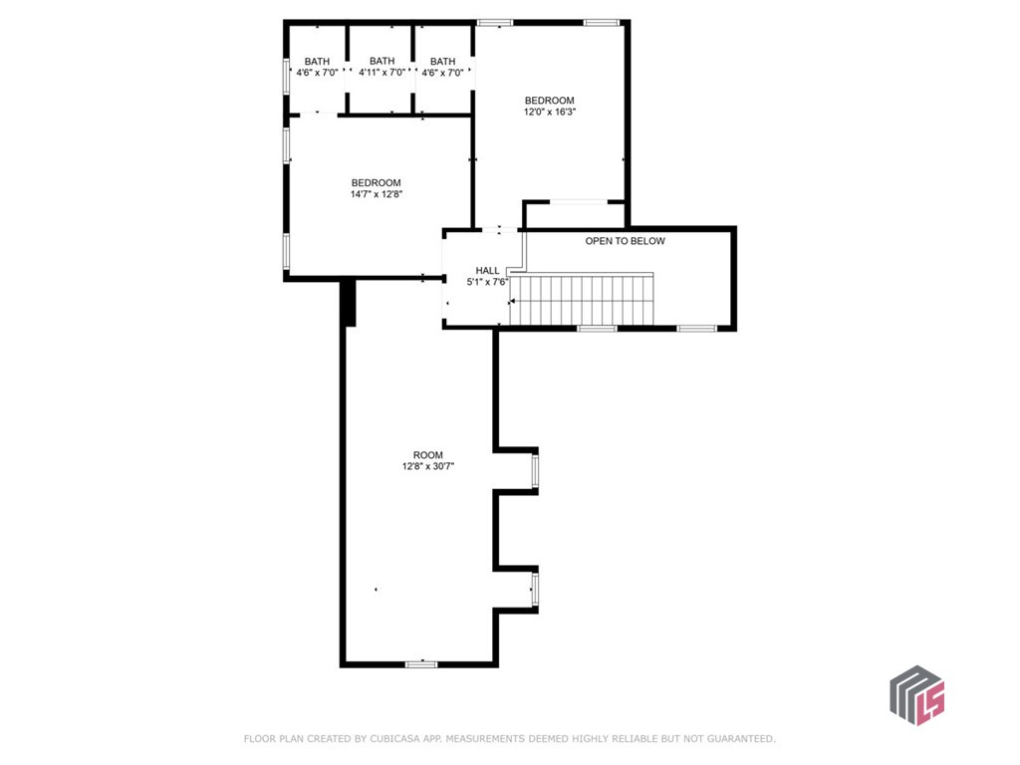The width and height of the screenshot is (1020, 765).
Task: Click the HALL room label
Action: coord(487,270)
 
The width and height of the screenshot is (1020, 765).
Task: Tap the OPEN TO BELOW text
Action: coord(625,241)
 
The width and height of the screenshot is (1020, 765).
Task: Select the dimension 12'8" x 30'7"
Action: coord(428,466)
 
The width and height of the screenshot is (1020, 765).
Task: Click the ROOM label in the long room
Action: coord(428,455)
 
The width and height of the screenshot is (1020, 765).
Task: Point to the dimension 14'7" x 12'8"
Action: coord(376,194)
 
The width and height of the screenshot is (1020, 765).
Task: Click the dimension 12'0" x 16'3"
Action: coord(550,112)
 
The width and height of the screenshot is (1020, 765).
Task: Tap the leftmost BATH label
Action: coord(317,61)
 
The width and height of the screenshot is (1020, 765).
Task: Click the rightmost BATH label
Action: coord(442,61)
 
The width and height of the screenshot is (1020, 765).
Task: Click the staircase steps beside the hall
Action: coord(583,300)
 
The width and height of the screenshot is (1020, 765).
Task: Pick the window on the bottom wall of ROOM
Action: coord(421,663)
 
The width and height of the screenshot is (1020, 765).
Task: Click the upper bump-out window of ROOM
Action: coord(535,470)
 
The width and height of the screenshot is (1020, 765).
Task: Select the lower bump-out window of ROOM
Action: coord(535,589)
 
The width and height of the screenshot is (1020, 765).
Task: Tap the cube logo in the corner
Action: coord(916,695)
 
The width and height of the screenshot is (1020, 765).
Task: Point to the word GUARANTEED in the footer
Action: coord(737,739)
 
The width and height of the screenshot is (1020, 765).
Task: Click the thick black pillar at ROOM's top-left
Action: coord(348,303)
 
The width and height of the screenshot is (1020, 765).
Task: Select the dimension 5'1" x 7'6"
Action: coord(487,281)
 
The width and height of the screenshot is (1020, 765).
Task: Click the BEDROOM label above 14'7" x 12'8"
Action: coord(376,182)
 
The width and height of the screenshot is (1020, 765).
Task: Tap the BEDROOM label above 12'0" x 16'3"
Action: coord(550,101)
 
